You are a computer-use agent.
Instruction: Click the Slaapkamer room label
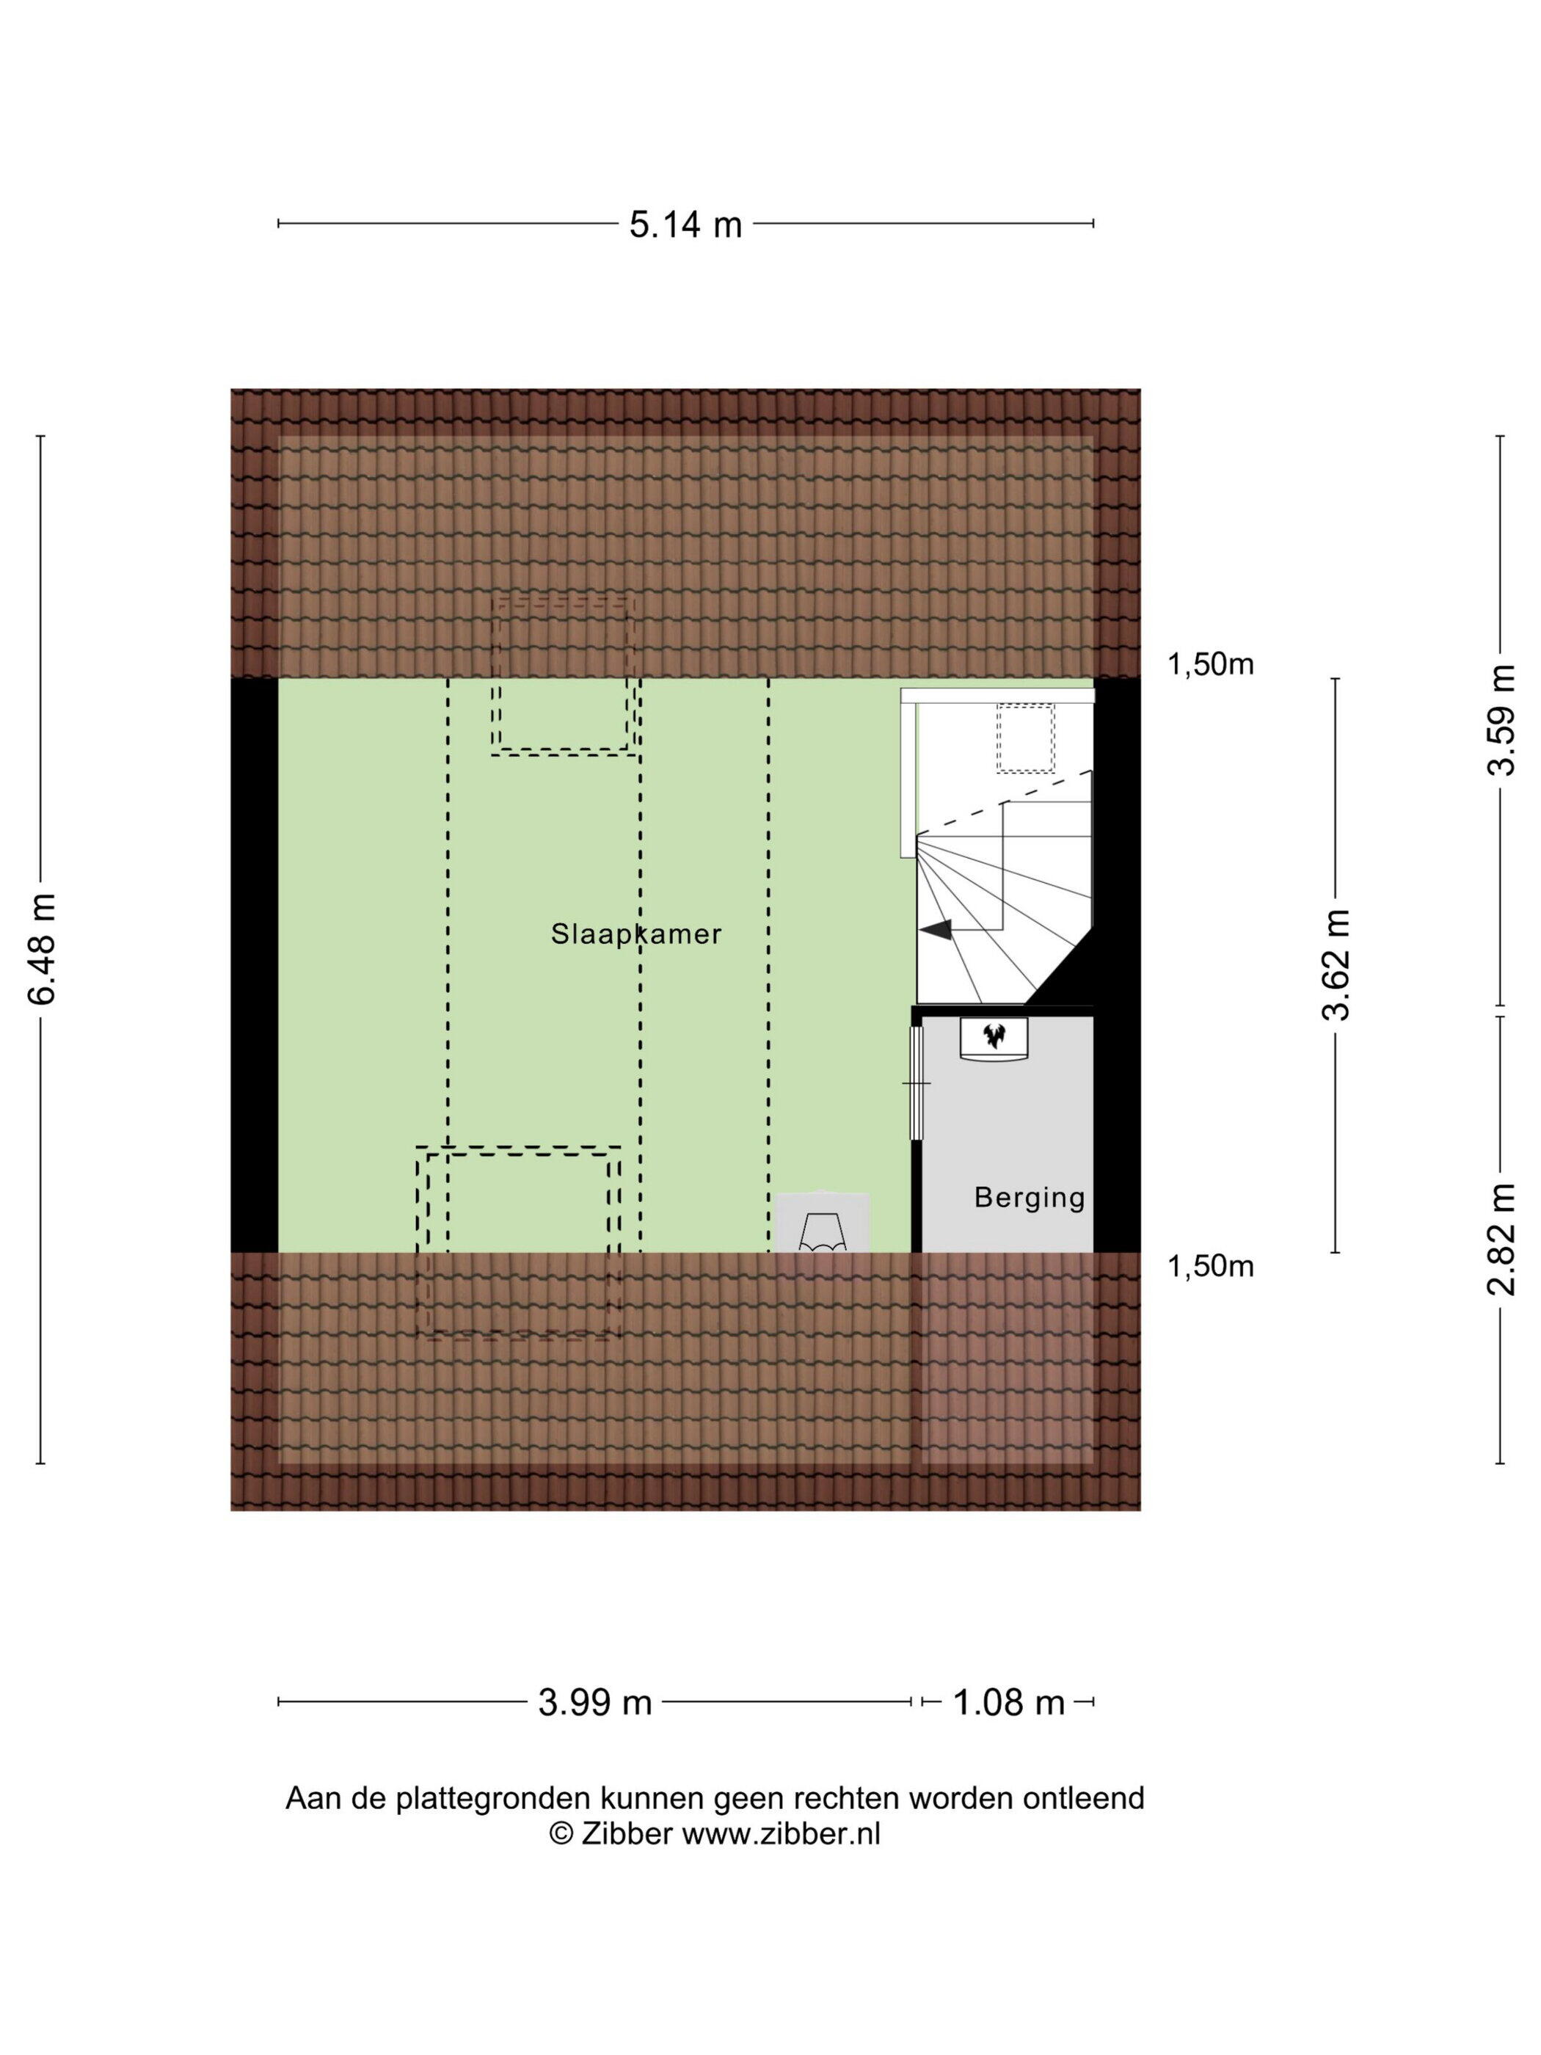point(636,933)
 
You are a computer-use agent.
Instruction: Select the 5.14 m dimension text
point(685,225)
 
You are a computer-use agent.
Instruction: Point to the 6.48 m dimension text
point(43,948)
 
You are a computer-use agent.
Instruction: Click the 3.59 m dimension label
point(1501,720)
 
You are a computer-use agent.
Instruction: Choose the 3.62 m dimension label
point(1337,964)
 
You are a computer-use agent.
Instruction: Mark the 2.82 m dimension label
point(1501,1240)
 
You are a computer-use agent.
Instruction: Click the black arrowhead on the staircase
point(937,929)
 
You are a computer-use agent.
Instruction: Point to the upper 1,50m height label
point(1210,664)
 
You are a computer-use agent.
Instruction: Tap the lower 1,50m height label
point(1210,1266)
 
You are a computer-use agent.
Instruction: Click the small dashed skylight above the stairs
point(1025,738)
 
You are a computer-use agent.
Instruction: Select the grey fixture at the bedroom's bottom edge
point(823,1223)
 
